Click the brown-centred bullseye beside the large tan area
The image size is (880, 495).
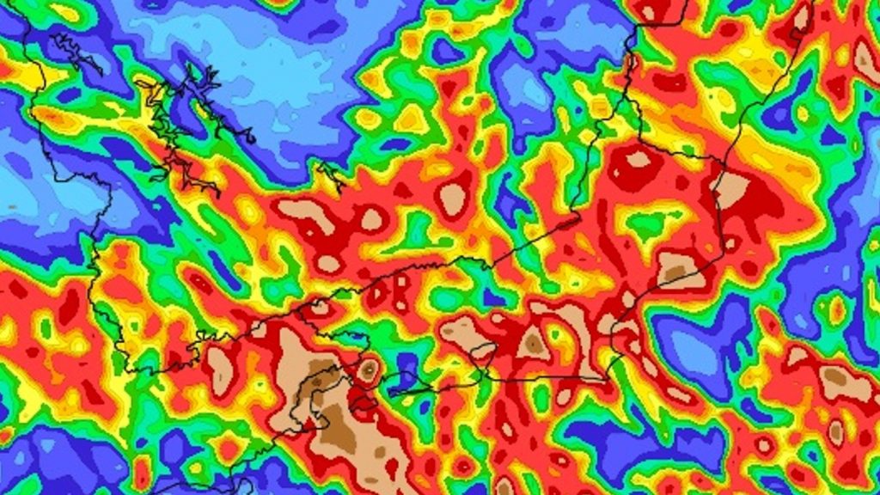pyautogui.click(x=369, y=370)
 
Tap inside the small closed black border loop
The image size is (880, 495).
pyautogui.click(x=484, y=351)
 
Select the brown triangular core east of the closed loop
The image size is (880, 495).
pyautogui.click(x=533, y=344)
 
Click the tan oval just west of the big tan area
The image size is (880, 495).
pyautogui.click(x=220, y=370)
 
